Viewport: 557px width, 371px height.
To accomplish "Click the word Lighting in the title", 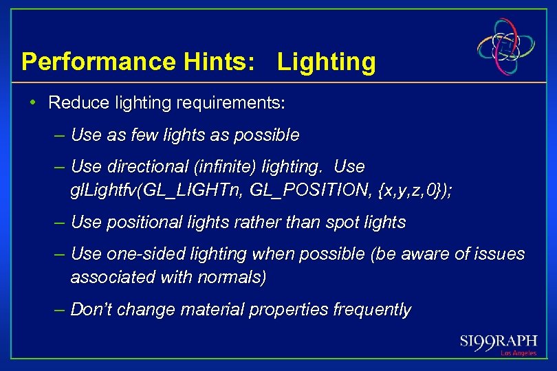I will point(327,62).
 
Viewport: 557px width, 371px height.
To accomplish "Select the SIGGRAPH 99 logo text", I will point(498,341).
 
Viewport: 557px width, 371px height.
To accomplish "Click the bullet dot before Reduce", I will point(33,103).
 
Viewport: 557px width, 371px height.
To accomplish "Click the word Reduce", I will point(76,103).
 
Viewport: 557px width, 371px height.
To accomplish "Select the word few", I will point(137,135).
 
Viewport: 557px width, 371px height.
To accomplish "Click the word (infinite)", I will point(222,167).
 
